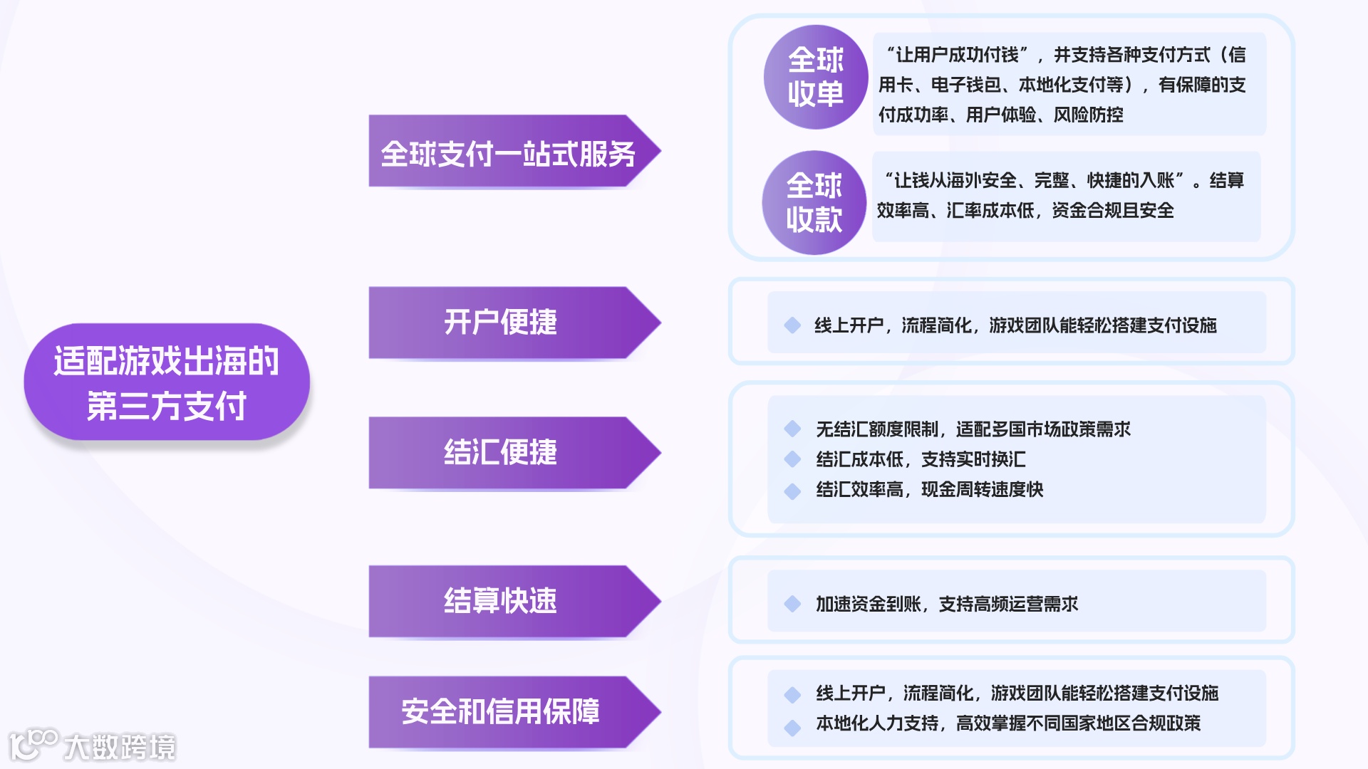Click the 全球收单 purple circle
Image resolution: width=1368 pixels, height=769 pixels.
pos(815,77)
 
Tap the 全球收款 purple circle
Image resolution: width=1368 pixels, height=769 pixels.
pos(814,203)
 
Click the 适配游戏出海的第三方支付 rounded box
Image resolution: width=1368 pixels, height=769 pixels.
pos(167,382)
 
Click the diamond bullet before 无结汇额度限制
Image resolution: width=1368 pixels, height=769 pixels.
pos(792,429)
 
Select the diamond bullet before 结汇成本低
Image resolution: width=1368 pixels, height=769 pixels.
pos(792,459)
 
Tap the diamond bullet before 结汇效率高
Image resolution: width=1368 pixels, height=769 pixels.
pos(792,491)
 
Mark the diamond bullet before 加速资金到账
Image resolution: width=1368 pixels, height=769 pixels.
pos(792,605)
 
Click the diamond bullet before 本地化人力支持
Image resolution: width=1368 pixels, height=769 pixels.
pos(792,727)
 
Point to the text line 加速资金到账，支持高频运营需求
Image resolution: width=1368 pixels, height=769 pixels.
pos(946,605)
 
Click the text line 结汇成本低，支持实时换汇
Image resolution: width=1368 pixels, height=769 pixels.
pos(921,459)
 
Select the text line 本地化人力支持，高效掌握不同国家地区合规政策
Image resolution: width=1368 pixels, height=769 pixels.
pos(1007,723)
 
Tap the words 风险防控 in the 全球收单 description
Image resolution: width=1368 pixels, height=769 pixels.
pos(1088,115)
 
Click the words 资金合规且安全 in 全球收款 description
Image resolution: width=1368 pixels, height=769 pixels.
pos(1112,211)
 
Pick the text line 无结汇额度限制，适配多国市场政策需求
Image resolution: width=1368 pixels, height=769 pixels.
pos(973,429)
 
